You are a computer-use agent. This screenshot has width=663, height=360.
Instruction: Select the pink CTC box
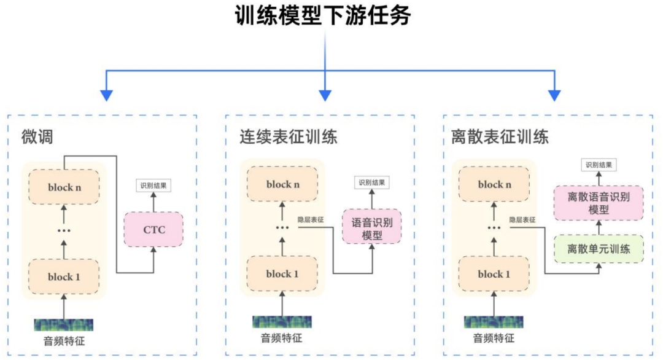(x=153, y=230)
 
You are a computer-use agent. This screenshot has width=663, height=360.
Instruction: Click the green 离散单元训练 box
(x=599, y=249)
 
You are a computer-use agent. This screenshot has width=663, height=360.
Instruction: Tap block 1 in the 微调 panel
(x=65, y=276)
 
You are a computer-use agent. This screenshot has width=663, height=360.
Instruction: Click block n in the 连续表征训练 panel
(x=282, y=184)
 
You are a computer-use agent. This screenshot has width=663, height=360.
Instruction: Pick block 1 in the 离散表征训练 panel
(x=495, y=274)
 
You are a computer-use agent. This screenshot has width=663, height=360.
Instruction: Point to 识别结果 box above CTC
(x=153, y=184)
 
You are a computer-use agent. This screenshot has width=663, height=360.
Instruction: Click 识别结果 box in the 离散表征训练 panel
(x=599, y=165)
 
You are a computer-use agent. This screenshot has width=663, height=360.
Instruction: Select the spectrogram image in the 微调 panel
(x=64, y=324)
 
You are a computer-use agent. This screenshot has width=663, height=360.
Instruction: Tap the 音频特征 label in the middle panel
(x=282, y=338)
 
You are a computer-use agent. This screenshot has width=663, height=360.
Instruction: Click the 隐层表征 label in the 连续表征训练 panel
(x=311, y=219)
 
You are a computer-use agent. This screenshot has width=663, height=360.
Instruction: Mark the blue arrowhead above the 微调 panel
(x=107, y=95)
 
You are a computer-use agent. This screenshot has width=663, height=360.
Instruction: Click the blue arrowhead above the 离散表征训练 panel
(x=554, y=95)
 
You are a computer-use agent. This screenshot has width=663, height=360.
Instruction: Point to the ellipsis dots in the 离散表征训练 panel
(x=494, y=229)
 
